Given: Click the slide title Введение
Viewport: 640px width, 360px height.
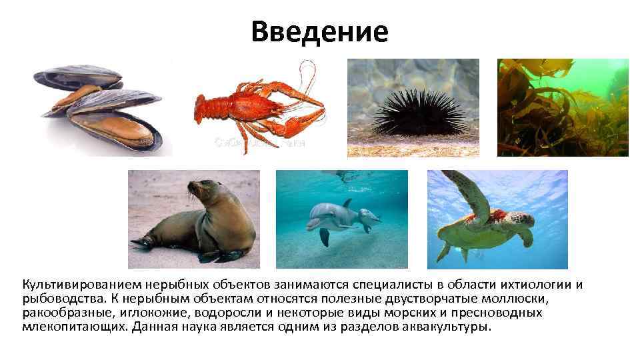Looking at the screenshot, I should [x=319, y=31].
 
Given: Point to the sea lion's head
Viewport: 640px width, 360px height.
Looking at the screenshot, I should [x=199, y=190].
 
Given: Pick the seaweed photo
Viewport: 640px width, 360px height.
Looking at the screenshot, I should [x=562, y=107].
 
